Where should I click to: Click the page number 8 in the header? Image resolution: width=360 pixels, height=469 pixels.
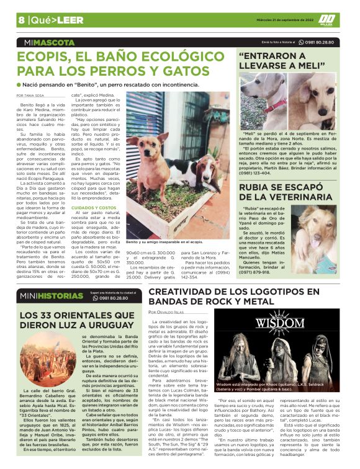[x=21, y=20]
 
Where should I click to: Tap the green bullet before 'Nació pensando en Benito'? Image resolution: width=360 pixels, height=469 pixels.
[x=19, y=84]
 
